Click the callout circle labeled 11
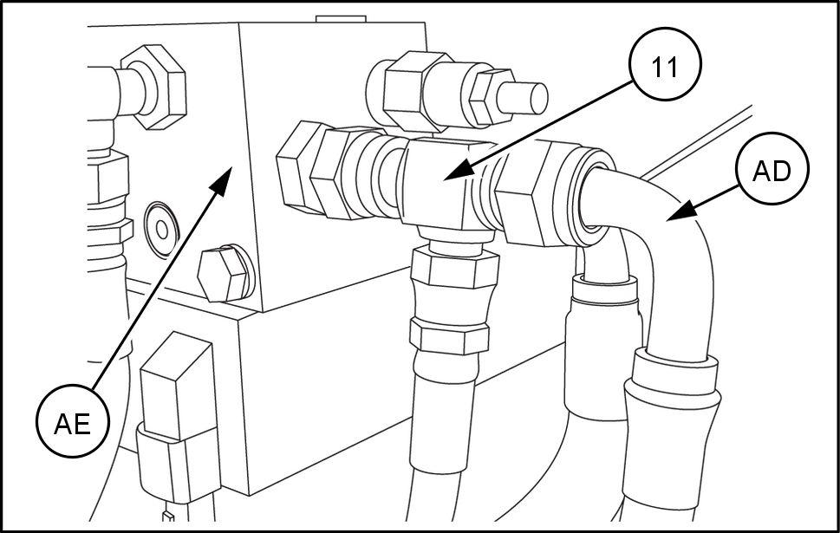(664, 64)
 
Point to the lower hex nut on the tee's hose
(449, 336)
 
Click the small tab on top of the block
(341, 19)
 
